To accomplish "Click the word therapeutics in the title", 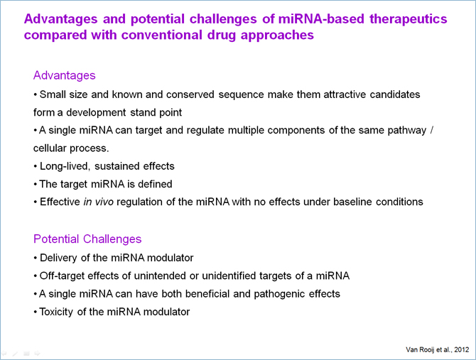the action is (408, 18).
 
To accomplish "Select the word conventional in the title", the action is (161, 35).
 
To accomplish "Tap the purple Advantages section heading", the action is (65, 75).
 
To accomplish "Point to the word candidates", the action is (394, 94).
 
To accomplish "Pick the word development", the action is (96, 112).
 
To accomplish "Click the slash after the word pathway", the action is (432, 130).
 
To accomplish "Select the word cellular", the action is (50, 148).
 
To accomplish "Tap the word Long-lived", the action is (65, 166).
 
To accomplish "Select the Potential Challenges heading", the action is (87, 239).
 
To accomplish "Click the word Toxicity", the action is (56, 312).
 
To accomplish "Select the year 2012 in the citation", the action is (462, 349).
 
